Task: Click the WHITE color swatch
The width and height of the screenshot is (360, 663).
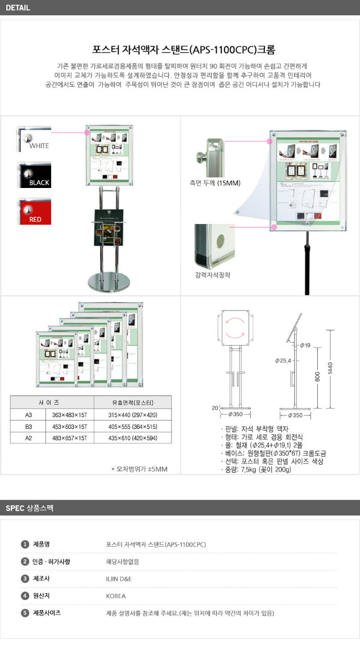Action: (34, 138)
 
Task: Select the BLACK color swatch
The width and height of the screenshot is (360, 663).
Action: (34, 175)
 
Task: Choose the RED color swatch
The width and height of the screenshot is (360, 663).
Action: (34, 212)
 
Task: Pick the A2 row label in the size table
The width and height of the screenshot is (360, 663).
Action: (28, 437)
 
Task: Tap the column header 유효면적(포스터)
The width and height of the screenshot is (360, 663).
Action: (133, 402)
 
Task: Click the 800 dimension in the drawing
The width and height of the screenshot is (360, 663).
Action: (318, 379)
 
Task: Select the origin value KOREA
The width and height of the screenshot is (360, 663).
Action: (115, 596)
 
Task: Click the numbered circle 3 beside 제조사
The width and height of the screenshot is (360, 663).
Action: (25, 579)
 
